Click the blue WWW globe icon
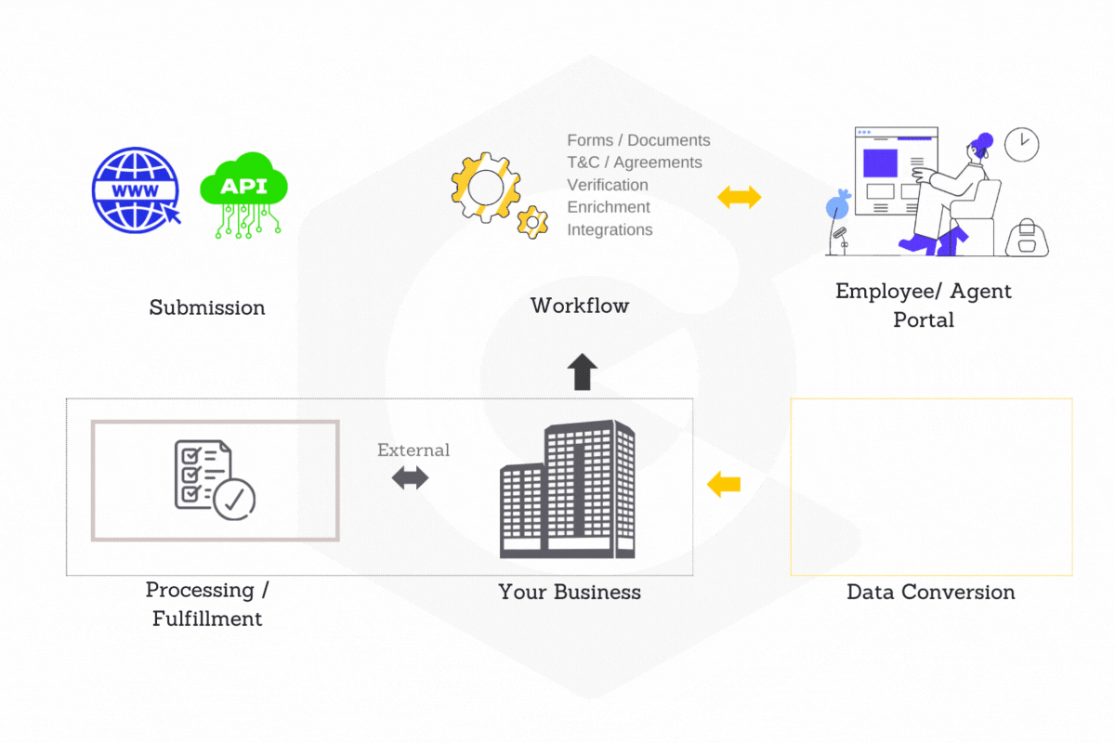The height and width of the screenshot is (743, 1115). click(136, 191)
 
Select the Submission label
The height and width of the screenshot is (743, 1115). click(207, 307)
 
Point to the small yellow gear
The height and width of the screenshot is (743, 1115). click(532, 221)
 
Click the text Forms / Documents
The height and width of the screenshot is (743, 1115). click(638, 140)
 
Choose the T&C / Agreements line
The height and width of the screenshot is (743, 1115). click(635, 163)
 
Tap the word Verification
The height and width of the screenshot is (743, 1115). click(608, 185)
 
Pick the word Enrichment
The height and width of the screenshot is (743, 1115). click(609, 207)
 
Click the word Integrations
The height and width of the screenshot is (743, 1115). click(610, 229)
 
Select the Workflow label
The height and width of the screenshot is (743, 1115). click(580, 306)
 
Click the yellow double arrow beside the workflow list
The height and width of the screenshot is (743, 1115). click(740, 197)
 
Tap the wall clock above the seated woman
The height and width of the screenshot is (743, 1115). click(1021, 144)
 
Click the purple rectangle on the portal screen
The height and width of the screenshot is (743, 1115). click(881, 163)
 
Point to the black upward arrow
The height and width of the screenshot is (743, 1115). click(583, 371)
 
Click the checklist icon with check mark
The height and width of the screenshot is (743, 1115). click(215, 478)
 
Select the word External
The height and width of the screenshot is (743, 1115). click(413, 450)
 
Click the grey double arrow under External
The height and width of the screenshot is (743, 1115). click(410, 478)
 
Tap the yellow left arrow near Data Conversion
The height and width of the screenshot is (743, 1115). click(724, 484)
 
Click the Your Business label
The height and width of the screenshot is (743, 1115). click(570, 593)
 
